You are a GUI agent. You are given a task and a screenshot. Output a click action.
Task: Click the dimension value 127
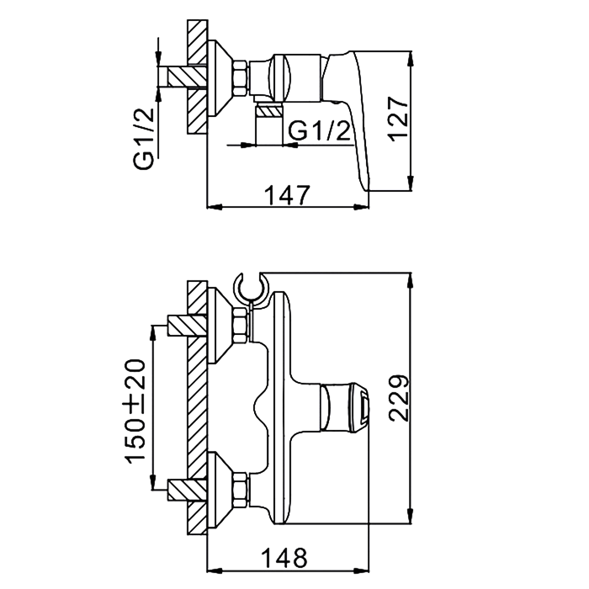(x=399, y=119)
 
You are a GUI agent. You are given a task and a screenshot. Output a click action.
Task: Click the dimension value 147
(x=288, y=195)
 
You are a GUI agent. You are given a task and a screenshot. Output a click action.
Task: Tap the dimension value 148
(x=284, y=558)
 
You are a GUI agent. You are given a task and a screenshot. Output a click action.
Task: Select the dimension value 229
(x=399, y=398)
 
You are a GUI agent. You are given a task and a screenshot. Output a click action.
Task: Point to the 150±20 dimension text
(x=135, y=411)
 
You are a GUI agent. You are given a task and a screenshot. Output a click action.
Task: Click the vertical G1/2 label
(x=144, y=139)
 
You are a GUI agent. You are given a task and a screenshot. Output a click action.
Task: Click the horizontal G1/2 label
(x=319, y=131)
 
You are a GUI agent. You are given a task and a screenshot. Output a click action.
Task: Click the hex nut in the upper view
(x=241, y=78)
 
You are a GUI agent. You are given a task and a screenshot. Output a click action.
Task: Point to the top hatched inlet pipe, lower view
(x=188, y=326)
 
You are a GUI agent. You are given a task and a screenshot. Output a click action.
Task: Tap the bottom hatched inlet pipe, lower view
(x=188, y=491)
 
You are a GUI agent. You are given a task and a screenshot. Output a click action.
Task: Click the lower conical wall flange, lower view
(x=220, y=491)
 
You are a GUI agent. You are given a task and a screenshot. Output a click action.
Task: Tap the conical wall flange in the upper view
(x=220, y=78)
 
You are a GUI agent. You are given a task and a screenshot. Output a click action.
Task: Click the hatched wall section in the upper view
(x=197, y=77)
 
